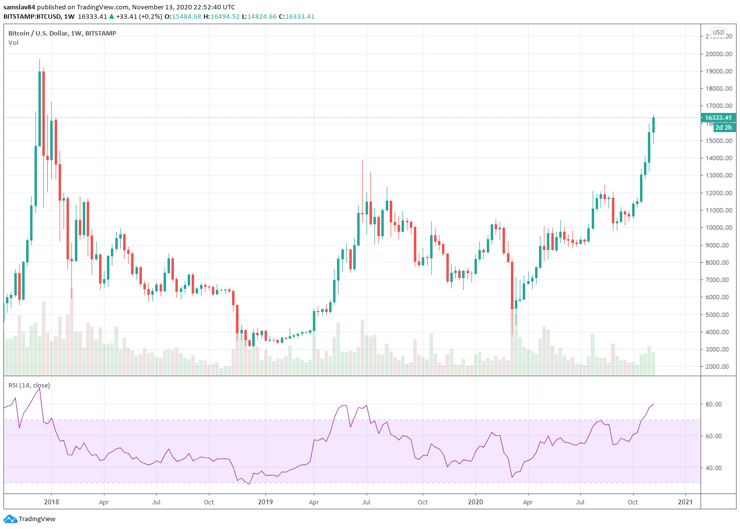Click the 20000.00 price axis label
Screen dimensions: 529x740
pyautogui.click(x=718, y=54)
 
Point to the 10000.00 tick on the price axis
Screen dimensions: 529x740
pyautogui.click(x=718, y=228)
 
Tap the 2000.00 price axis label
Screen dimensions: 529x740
pyautogui.click(x=718, y=367)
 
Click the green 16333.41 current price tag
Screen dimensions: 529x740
pyautogui.click(x=718, y=118)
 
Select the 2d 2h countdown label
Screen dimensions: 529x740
pyautogui.click(x=723, y=128)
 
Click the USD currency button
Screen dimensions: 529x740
pyautogui.click(x=718, y=33)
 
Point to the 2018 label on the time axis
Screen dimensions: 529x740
pyautogui.click(x=51, y=502)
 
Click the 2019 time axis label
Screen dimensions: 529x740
pyautogui.click(x=266, y=502)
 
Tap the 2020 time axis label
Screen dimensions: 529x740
pyautogui.click(x=475, y=502)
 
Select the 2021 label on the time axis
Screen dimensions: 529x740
pyautogui.click(x=685, y=502)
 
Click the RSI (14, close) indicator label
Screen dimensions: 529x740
pyautogui.click(x=29, y=386)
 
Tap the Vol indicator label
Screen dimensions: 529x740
pyautogui.click(x=13, y=43)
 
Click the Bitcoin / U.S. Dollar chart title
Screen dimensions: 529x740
pyautogui.click(x=62, y=33)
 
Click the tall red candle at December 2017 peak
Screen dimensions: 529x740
pyautogui.click(x=43, y=113)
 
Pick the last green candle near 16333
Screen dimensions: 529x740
pyautogui.click(x=653, y=125)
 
